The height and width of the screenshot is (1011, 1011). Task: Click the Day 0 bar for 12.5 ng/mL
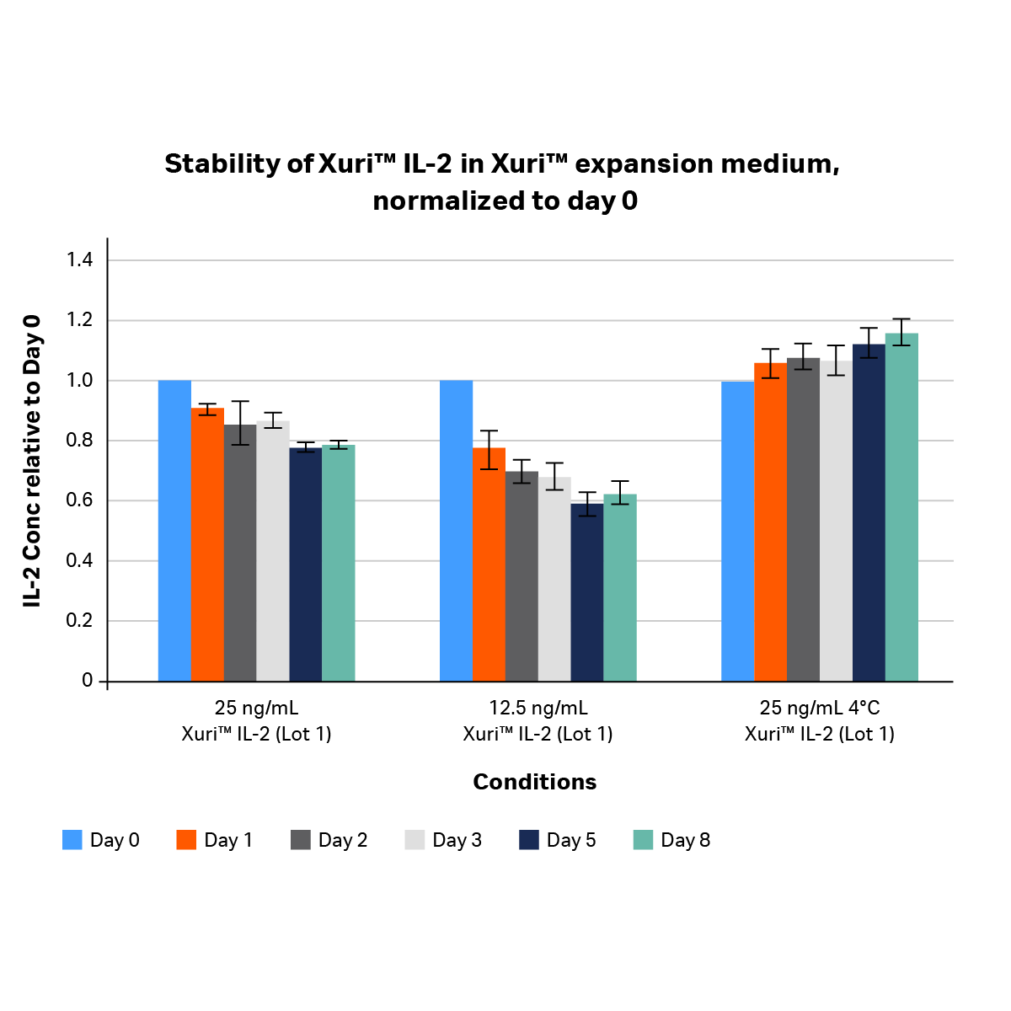click(x=456, y=531)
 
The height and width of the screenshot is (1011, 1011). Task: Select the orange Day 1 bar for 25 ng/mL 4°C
click(x=770, y=522)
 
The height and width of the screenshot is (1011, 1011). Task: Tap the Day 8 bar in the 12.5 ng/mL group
click(x=619, y=590)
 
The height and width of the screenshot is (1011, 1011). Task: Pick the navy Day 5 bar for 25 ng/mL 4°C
click(x=869, y=514)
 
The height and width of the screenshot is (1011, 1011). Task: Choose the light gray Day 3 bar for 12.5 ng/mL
click(x=554, y=581)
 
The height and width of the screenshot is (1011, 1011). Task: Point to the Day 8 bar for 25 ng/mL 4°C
click(x=901, y=505)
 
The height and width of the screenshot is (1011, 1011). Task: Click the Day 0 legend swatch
click(x=72, y=840)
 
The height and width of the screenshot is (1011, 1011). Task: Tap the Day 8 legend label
click(x=685, y=840)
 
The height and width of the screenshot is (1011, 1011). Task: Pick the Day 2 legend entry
click(x=329, y=840)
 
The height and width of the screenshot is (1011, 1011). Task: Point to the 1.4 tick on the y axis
click(x=80, y=260)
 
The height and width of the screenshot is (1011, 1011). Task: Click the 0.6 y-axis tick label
click(x=80, y=500)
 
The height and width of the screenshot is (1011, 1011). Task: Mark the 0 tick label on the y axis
click(x=88, y=681)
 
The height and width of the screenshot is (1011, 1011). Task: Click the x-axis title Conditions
click(x=534, y=782)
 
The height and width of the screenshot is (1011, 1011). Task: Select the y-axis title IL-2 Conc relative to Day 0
click(x=32, y=461)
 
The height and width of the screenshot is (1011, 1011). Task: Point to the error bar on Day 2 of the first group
click(x=240, y=423)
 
